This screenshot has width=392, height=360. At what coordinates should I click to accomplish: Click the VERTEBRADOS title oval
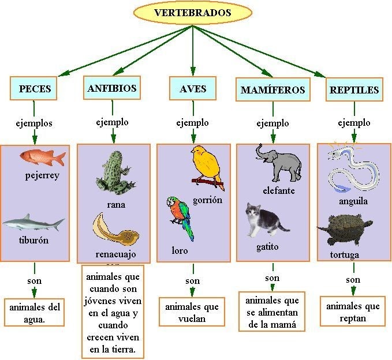pyautogui.click(x=192, y=13)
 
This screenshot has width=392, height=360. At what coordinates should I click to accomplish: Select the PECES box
pyautogui.click(x=35, y=89)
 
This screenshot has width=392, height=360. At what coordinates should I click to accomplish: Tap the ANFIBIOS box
pyautogui.click(x=112, y=88)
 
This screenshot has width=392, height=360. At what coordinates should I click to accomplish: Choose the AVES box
pyautogui.click(x=193, y=89)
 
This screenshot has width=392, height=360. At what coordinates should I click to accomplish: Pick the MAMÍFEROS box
pyautogui.click(x=272, y=90)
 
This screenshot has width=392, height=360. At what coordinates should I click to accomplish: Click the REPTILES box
pyautogui.click(x=354, y=90)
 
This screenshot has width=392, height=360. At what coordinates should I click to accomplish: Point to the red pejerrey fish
pyautogui.click(x=42, y=156)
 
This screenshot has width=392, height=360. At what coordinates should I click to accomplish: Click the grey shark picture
pyautogui.click(x=32, y=223)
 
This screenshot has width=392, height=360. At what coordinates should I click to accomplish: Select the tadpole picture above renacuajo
pyautogui.click(x=115, y=229)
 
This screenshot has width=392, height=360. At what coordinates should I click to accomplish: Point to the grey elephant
pyautogui.click(x=279, y=162)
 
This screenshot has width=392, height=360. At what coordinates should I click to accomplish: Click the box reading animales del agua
pyautogui.click(x=35, y=312)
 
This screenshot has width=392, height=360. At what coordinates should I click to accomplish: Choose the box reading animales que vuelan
pyautogui.click(x=192, y=312)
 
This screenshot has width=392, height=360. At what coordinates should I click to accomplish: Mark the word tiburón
pyautogui.click(x=33, y=240)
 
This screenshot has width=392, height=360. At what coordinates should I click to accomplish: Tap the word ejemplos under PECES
pyautogui.click(x=35, y=123)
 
